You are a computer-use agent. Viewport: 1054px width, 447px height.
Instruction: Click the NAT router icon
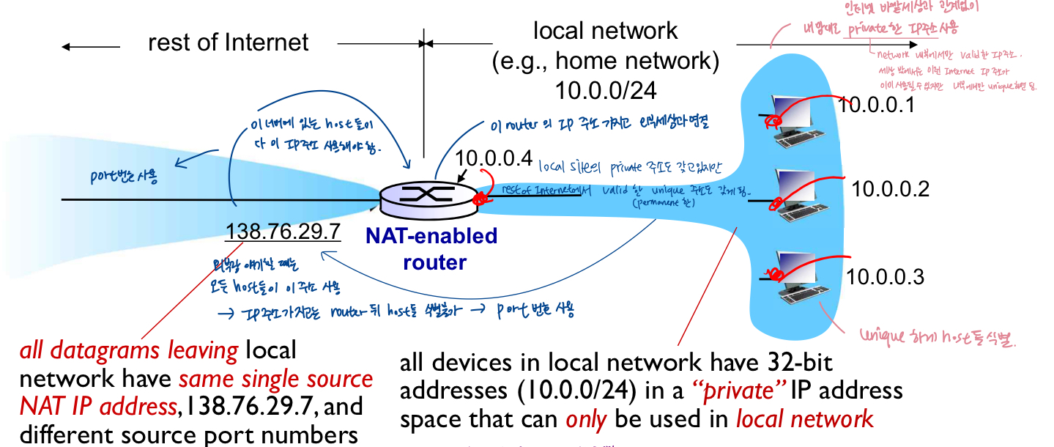coord(427,194)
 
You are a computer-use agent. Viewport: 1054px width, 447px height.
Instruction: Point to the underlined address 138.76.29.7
coord(283,232)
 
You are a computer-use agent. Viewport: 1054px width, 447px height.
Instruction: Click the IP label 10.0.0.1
coord(877,105)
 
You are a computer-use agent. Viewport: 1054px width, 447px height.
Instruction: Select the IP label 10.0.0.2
coord(890,188)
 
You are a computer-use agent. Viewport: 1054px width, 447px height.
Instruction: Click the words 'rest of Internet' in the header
coord(228,43)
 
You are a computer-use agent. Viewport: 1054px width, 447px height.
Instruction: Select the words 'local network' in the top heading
coord(605,31)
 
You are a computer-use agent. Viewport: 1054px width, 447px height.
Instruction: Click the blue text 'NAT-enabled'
coord(431,236)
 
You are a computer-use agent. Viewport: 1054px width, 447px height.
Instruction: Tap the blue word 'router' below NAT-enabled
coord(434,261)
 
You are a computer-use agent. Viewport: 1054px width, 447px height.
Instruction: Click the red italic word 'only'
coord(586,418)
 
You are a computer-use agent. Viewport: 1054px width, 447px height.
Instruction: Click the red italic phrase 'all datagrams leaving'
coord(128,352)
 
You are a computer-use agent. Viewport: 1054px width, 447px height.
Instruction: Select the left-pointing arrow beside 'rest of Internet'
coord(91,47)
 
